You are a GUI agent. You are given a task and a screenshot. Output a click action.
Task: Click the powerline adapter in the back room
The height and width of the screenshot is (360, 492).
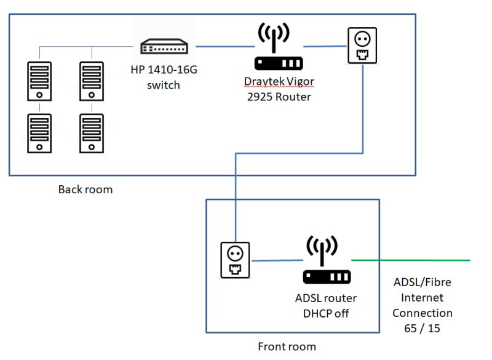click(362, 46)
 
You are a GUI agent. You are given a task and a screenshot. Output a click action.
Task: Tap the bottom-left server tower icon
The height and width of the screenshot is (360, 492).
click(39, 132)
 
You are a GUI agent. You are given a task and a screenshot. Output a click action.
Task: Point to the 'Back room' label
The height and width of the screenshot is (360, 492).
click(85, 189)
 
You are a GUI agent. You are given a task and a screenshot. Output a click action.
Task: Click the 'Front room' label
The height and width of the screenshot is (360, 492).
click(287, 346)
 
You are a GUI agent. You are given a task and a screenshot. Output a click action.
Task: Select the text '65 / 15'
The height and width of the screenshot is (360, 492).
click(422, 329)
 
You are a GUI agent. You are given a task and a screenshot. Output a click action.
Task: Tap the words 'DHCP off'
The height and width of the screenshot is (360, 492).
click(326, 313)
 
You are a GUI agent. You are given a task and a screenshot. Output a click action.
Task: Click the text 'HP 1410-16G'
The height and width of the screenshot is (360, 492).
click(164, 70)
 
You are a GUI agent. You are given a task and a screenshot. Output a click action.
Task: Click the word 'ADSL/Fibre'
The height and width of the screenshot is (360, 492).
click(422, 282)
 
